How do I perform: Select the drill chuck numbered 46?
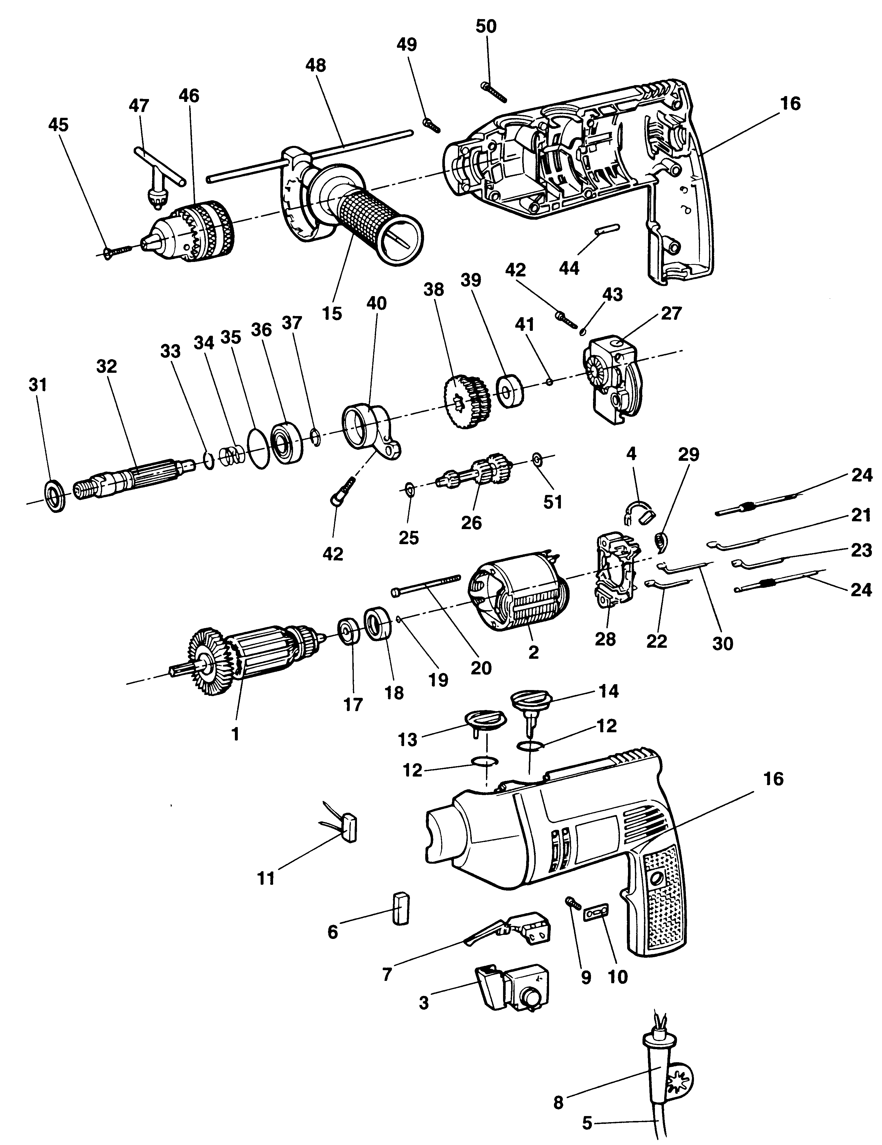194,227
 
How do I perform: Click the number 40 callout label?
376,303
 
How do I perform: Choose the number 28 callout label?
605,639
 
